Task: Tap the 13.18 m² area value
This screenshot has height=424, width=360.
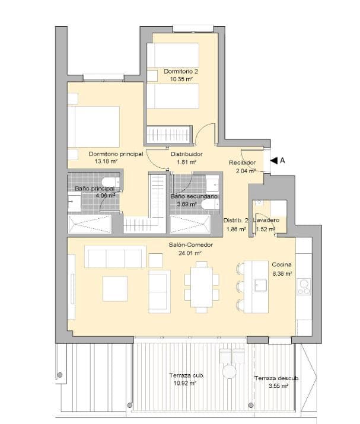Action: tap(106, 161)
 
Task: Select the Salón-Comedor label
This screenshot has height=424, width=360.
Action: tap(190, 245)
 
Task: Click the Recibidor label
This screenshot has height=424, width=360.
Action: tap(243, 162)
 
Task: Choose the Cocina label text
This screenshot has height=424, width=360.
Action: tap(281, 264)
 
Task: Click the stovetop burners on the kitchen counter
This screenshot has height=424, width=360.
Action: tap(304, 287)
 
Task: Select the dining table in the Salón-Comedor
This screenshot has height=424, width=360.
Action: tap(202, 286)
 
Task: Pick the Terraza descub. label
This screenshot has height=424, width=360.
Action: tap(276, 378)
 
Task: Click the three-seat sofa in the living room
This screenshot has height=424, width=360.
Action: tap(116, 257)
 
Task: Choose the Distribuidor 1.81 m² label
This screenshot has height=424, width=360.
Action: tap(187, 158)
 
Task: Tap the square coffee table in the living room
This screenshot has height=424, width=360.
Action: tap(115, 289)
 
